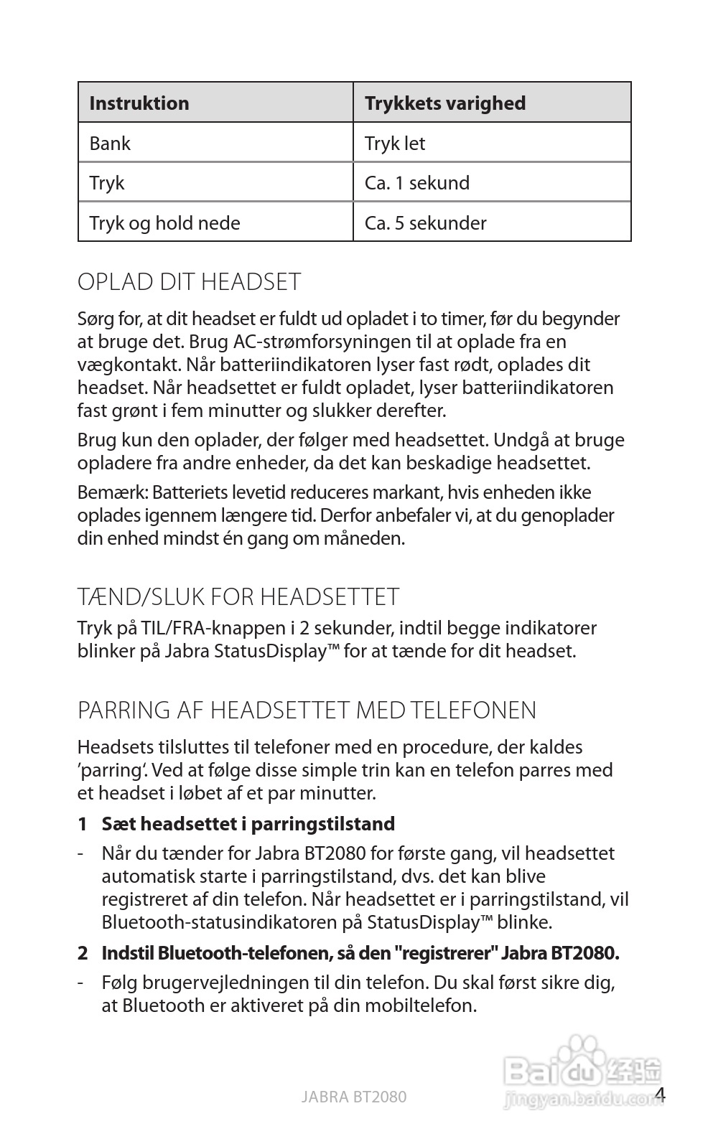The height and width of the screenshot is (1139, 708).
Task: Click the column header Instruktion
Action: coord(139,103)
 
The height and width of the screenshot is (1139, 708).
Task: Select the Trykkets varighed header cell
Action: coord(444,103)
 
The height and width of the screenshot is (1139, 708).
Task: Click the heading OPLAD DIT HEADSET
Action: coord(189,282)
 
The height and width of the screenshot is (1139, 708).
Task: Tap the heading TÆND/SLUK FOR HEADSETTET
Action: coord(238,597)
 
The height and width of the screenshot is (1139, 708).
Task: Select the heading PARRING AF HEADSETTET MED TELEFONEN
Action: coord(307,711)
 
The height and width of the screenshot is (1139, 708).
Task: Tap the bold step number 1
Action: coord(83,824)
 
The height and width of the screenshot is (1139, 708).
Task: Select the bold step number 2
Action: coord(83,954)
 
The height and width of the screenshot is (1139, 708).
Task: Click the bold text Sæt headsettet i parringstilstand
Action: coord(248,824)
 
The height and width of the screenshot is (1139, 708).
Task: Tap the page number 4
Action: coord(661,1095)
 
